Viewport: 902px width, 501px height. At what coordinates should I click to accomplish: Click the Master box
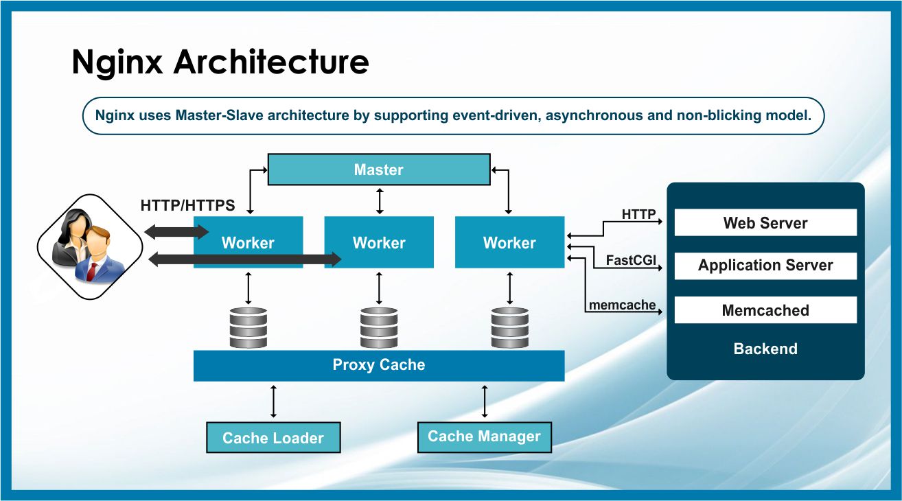tap(378, 170)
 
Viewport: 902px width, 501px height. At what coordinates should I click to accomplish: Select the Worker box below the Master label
tap(379, 242)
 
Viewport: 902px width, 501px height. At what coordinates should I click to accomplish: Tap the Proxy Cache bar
tap(378, 365)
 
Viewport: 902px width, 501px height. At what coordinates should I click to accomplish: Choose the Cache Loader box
tap(273, 438)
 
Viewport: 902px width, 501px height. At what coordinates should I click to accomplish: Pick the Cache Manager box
tap(484, 436)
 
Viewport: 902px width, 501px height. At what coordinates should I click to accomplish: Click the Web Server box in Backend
tap(765, 223)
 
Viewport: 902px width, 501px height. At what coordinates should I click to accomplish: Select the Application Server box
tap(765, 266)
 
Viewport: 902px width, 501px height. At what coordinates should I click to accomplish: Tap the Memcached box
tap(765, 310)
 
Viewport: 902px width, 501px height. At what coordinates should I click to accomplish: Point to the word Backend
tap(765, 349)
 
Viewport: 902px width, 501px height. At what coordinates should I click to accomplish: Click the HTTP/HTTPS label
tap(187, 205)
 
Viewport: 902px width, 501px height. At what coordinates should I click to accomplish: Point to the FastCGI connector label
tap(631, 260)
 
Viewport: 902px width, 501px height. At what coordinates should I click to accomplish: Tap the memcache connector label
tap(622, 305)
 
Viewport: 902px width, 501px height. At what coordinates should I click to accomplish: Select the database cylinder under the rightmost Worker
tap(509, 327)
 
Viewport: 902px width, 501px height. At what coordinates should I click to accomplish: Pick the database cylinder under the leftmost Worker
tap(248, 327)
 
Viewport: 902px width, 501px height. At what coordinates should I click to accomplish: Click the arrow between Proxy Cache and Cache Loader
tap(274, 401)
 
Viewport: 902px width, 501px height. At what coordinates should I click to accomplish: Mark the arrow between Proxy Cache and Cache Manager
tap(485, 401)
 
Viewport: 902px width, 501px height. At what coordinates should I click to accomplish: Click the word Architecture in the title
tap(270, 62)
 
